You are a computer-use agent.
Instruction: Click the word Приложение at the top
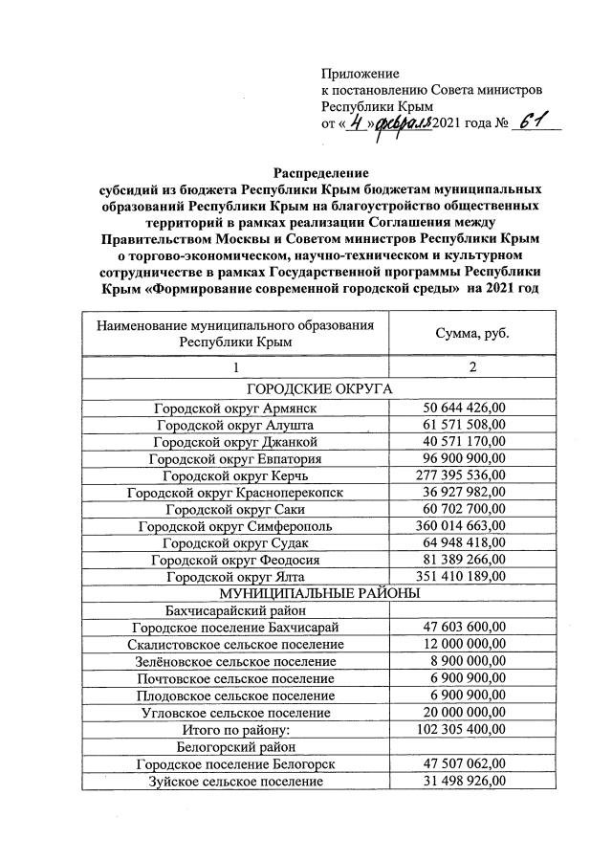coord(360,74)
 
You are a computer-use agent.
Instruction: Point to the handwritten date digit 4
coord(355,123)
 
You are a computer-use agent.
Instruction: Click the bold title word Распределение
coord(320,172)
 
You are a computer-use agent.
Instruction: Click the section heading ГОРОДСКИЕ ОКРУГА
coord(320,389)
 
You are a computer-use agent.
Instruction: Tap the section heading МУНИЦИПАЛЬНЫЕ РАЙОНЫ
coord(320,593)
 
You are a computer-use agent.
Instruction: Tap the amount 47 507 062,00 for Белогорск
coord(464,764)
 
